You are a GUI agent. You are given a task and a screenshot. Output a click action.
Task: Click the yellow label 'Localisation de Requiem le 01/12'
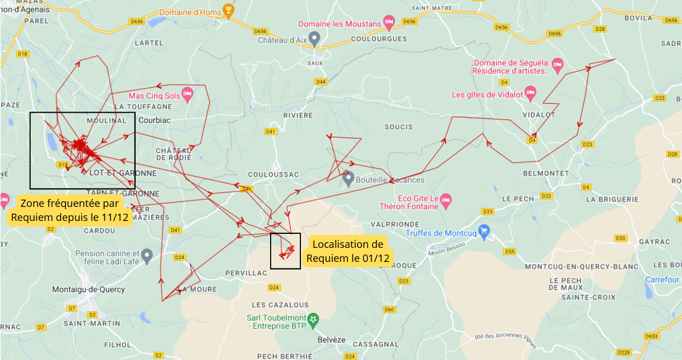click(347, 251)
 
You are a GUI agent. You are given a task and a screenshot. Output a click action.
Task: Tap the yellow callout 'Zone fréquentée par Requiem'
click(69, 210)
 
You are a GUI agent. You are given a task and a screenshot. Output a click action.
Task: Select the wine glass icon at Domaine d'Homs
click(228, 11)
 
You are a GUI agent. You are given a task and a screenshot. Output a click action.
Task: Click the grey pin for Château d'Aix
click(314, 39)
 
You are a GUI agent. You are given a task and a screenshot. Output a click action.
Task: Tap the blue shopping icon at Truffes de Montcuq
click(484, 230)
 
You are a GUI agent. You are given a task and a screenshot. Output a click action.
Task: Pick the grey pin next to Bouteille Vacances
click(348, 179)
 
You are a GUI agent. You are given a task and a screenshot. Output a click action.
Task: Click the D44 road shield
click(321, 82)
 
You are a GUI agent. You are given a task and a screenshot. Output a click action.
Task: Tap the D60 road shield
click(389, 310)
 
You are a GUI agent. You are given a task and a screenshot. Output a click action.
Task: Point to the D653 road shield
click(651, 336)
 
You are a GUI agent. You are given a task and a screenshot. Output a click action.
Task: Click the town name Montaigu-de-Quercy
click(89, 289)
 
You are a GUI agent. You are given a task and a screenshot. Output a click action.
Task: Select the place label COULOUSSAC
click(273, 174)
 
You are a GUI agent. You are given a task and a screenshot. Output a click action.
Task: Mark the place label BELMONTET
click(546, 173)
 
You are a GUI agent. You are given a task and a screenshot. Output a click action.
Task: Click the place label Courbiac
click(155, 120)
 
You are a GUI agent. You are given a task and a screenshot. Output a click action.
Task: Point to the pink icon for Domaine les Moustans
click(389, 23)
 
